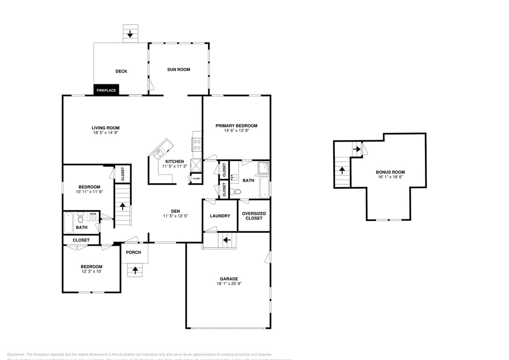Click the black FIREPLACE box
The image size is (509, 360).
[x=106, y=90]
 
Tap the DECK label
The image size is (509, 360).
[x=121, y=71]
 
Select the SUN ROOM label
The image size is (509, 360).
[x=178, y=70]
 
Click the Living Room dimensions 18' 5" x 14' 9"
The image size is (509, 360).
[x=105, y=133]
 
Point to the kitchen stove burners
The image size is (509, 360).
[x=197, y=144]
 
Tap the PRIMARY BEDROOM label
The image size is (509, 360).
[x=236, y=126]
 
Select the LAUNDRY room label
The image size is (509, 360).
[x=220, y=216]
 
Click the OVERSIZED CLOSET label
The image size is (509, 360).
[x=254, y=216]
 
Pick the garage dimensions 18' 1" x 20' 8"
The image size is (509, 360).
[x=229, y=284]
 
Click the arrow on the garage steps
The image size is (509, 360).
[x=227, y=240]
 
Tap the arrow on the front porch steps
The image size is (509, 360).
[x=135, y=270]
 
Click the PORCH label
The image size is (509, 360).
[x=134, y=253]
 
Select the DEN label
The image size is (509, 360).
[x=175, y=211]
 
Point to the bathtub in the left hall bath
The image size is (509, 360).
[x=68, y=223]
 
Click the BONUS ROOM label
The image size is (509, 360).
[x=390, y=172]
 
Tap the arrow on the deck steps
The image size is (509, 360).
[x=131, y=33]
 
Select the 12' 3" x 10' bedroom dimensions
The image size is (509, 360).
[x=91, y=271]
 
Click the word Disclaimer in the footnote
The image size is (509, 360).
[x=16, y=354]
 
